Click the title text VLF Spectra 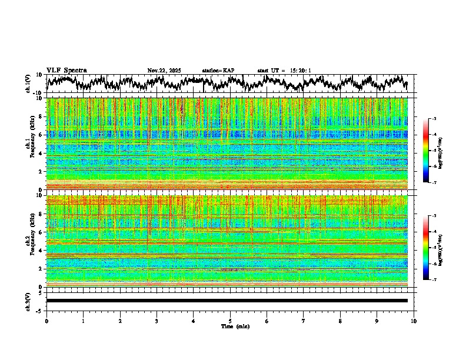coord(66,71)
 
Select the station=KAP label coord(218,71)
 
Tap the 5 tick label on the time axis coord(230,321)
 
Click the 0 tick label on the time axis coord(46,321)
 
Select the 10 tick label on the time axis coord(414,321)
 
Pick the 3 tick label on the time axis coord(157,321)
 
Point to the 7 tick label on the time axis coord(304,321)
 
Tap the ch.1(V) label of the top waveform coord(28,84)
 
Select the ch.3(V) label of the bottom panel coord(28,301)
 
